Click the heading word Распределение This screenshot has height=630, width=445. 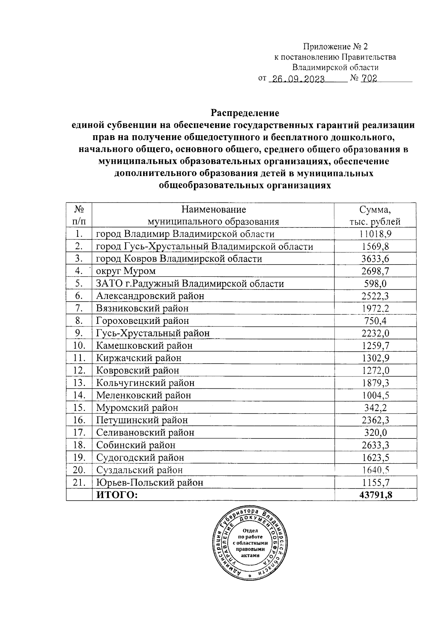point(245,112)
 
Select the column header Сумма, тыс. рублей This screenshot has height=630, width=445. point(375,216)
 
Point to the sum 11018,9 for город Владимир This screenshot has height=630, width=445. point(375,234)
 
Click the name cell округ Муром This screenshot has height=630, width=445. point(126,271)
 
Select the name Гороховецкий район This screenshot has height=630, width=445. point(142,321)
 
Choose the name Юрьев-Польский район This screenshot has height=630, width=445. point(150,483)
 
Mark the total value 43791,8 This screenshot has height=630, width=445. point(375,495)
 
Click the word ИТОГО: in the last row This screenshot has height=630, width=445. point(117,495)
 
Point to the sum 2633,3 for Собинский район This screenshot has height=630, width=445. point(375,445)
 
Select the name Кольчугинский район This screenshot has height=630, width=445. point(145,383)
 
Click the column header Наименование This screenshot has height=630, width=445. point(213,210)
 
